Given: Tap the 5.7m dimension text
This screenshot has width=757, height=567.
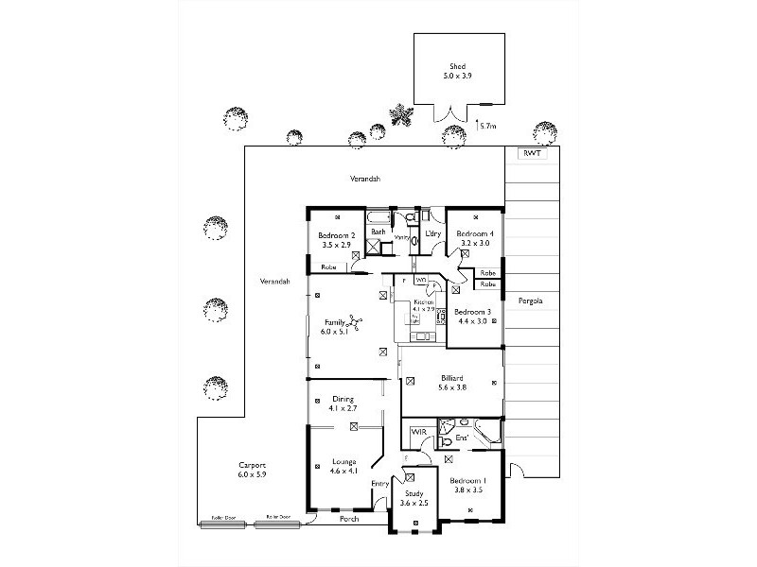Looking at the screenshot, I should (487, 125).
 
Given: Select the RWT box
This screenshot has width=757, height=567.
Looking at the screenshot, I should (533, 153).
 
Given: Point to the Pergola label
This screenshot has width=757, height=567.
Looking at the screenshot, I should (528, 302).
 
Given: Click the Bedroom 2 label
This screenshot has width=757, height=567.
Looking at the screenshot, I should (336, 240).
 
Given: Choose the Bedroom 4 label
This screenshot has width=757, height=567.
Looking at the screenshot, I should (473, 238).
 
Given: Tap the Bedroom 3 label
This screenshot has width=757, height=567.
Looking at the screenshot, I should (472, 317).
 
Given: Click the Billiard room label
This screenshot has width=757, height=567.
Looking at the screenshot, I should (450, 382).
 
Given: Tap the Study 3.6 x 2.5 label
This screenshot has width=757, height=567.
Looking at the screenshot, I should (416, 498).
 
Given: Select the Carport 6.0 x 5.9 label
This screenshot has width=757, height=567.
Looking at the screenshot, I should (252, 470).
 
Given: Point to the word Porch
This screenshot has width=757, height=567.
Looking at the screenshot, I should (350, 520).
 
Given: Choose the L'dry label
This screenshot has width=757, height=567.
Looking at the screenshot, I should (433, 233).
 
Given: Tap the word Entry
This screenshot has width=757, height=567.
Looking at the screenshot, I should (379, 484).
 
